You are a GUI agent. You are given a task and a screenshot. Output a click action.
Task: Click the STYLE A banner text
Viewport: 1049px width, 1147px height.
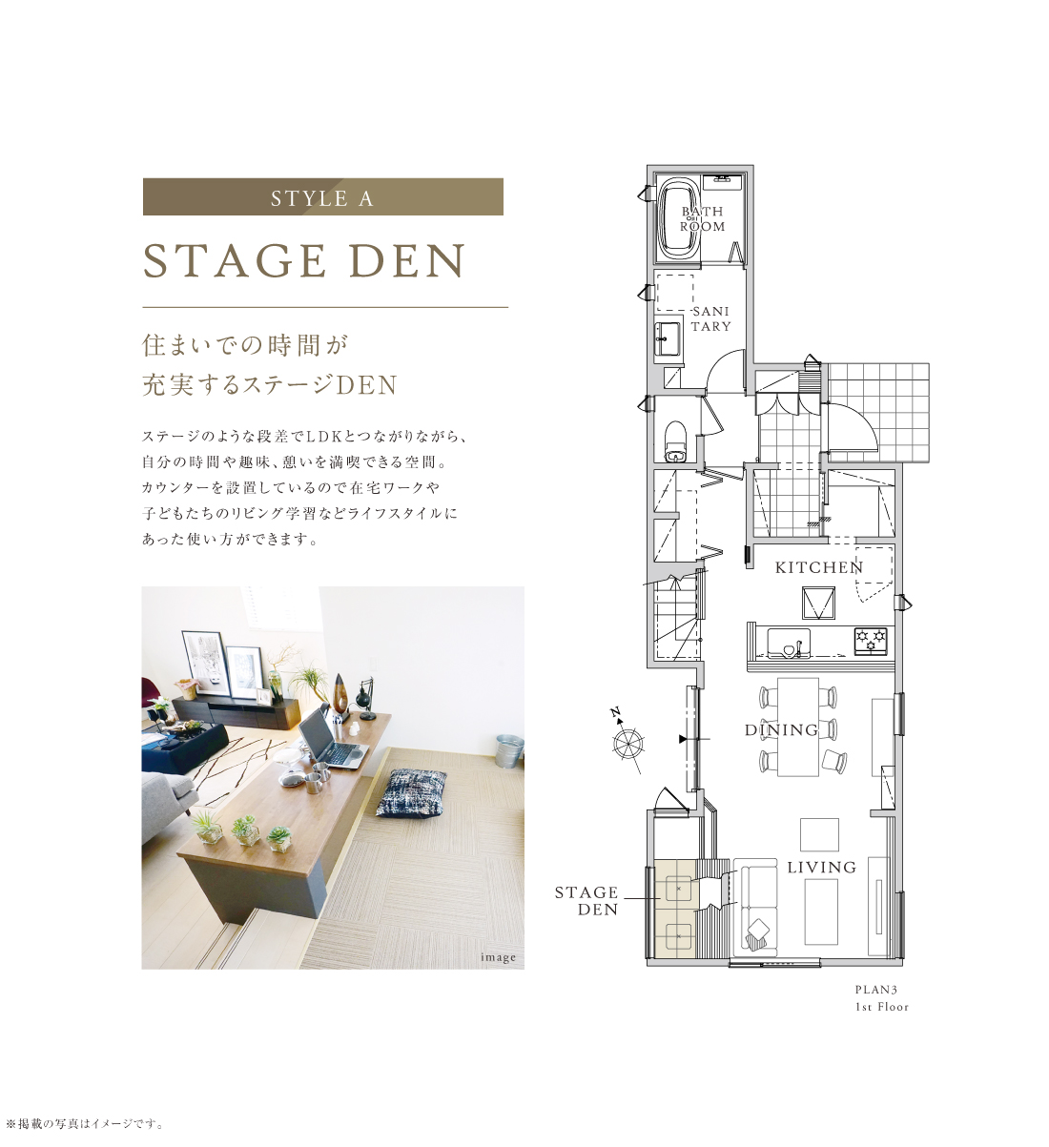point(322,198)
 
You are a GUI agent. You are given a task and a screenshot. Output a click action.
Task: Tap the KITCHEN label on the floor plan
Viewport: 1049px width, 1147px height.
point(819,567)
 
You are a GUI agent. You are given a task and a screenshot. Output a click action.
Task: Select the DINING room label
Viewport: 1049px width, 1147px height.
point(782,729)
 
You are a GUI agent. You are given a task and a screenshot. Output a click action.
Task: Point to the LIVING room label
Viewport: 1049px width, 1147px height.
point(822,868)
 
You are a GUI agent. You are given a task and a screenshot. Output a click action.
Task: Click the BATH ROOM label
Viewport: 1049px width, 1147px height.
point(703,219)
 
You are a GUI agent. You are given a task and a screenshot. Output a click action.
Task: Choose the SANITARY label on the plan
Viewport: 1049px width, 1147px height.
point(711,319)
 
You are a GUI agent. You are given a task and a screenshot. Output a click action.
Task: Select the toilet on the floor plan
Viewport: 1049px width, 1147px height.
point(675,440)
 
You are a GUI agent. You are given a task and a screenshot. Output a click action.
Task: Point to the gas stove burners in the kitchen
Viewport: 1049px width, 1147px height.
point(871,641)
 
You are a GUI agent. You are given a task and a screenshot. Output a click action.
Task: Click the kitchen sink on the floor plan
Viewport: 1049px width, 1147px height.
point(789,643)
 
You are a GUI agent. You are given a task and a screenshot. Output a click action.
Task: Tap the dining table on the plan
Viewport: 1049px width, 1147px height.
point(798,727)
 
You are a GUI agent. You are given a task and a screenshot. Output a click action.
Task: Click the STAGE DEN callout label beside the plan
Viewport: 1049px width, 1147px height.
point(586,901)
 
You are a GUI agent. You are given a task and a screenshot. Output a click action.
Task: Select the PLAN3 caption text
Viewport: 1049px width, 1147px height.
point(873,989)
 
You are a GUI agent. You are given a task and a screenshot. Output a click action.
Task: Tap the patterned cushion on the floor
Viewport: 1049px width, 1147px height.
point(411,792)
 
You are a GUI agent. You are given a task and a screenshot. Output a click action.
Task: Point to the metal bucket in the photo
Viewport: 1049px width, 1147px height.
point(508,750)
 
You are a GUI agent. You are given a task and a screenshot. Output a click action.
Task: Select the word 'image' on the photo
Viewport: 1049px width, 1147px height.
point(498,957)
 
